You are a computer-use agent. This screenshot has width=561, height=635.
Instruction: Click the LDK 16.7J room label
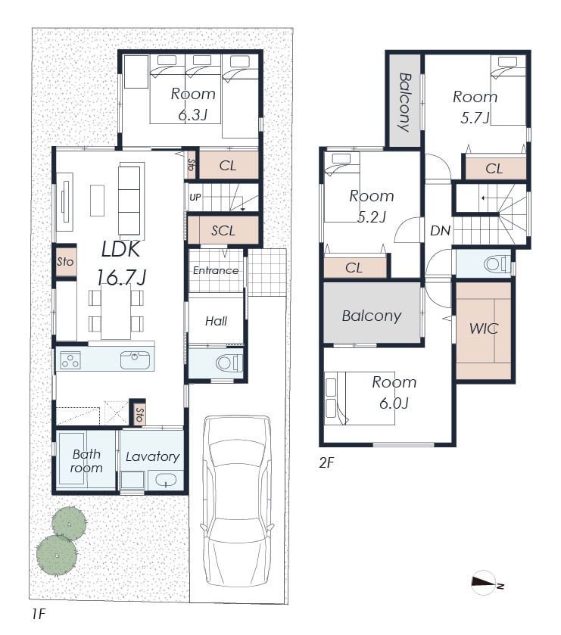coord(121,263)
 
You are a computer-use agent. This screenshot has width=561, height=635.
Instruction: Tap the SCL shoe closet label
coord(223,230)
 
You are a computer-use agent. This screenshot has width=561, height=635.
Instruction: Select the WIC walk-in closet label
coord(483,328)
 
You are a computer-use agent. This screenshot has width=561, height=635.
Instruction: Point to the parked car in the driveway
coord(238,501)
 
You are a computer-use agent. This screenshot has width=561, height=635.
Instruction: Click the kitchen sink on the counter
coord(135,360)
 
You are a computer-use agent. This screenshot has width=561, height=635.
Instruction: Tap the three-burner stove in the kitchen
coord(70,360)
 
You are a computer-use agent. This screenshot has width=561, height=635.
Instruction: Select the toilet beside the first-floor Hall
coord(229,363)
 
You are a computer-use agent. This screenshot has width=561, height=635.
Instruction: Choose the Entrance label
coord(216,270)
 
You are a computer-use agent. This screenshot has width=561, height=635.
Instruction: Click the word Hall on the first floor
coord(216,322)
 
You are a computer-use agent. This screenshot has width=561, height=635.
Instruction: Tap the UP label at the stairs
coord(195,198)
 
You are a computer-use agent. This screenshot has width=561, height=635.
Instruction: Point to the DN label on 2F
coord(441,231)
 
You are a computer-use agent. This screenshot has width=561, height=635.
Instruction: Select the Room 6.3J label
coord(193,104)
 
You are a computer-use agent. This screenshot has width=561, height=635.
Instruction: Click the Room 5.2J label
coord(372,207)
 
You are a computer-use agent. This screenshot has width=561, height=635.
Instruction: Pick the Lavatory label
coord(152,457)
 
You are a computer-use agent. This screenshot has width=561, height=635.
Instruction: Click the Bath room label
coord(86,461)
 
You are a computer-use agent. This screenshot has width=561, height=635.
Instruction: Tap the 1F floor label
coord(39,615)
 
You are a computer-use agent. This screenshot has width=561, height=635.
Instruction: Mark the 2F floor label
coord(326,462)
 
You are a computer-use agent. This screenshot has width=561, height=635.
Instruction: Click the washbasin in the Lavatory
coord(165,480)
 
